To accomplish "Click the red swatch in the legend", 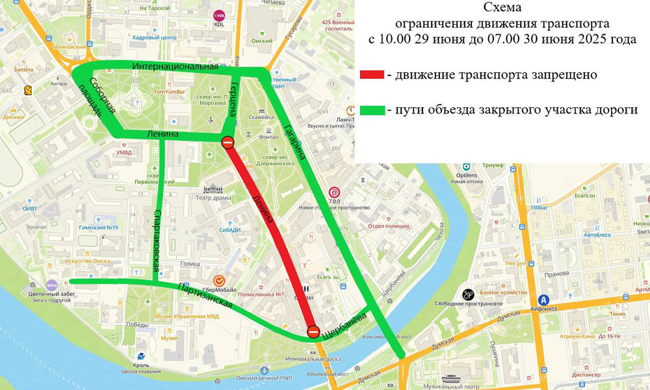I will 372,75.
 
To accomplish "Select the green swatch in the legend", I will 372,110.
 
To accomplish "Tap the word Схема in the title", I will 502,8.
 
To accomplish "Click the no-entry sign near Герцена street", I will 228,142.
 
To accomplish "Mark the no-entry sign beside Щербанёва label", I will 313,331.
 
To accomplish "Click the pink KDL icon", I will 219,15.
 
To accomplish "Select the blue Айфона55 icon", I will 543,300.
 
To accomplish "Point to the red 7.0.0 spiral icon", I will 334,192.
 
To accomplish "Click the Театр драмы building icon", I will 213,188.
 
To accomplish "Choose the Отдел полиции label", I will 388,226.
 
